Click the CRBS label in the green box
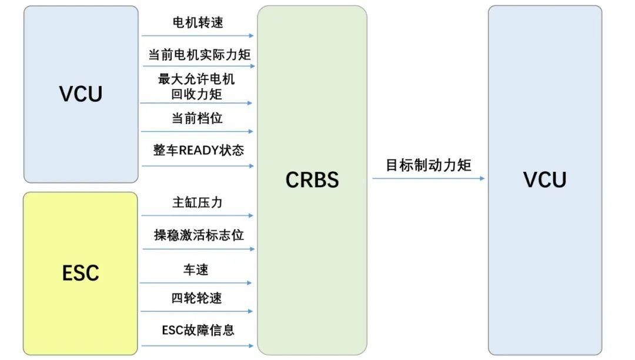click(312, 180)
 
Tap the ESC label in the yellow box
click(81, 273)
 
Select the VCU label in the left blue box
click(81, 94)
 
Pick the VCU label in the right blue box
click(544, 180)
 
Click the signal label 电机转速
click(198, 23)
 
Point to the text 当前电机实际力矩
click(199, 55)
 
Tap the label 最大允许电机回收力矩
click(196, 86)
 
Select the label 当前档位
click(197, 118)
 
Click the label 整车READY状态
click(198, 150)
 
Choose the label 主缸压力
click(198, 203)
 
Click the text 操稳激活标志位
click(198, 235)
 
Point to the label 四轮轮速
click(196, 298)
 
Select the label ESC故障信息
click(198, 330)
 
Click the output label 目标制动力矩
click(428, 165)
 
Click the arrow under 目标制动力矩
click(428, 178)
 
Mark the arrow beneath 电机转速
click(198, 36)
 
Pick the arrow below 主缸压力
click(198, 216)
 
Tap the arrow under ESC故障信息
click(198, 345)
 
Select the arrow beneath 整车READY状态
click(198, 166)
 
